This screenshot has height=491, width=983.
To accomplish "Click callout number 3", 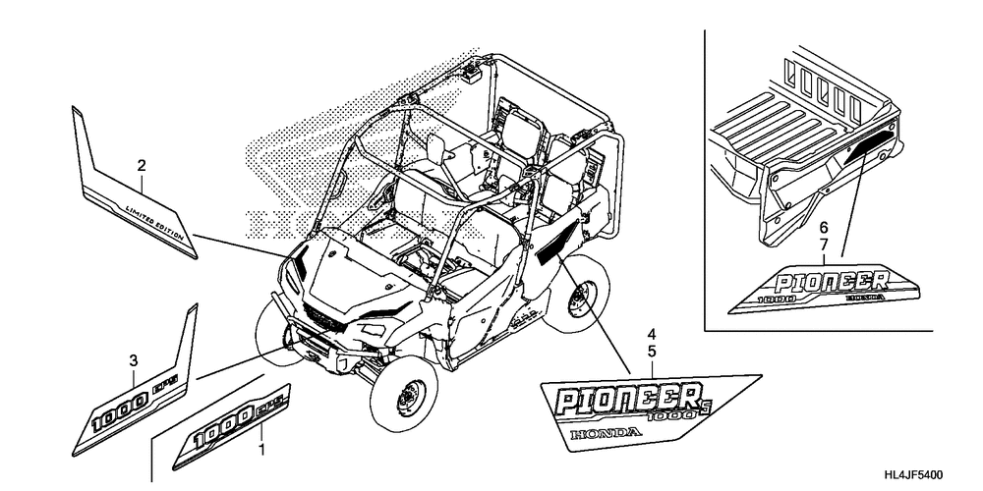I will pos(134,361).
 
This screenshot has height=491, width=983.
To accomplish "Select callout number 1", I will pos(261,451).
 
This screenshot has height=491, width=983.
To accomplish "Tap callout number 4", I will pos(652,334).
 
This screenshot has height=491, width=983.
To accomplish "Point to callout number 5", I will pos(652,350).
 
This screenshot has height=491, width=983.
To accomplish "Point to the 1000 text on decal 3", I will pos(116,416).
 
